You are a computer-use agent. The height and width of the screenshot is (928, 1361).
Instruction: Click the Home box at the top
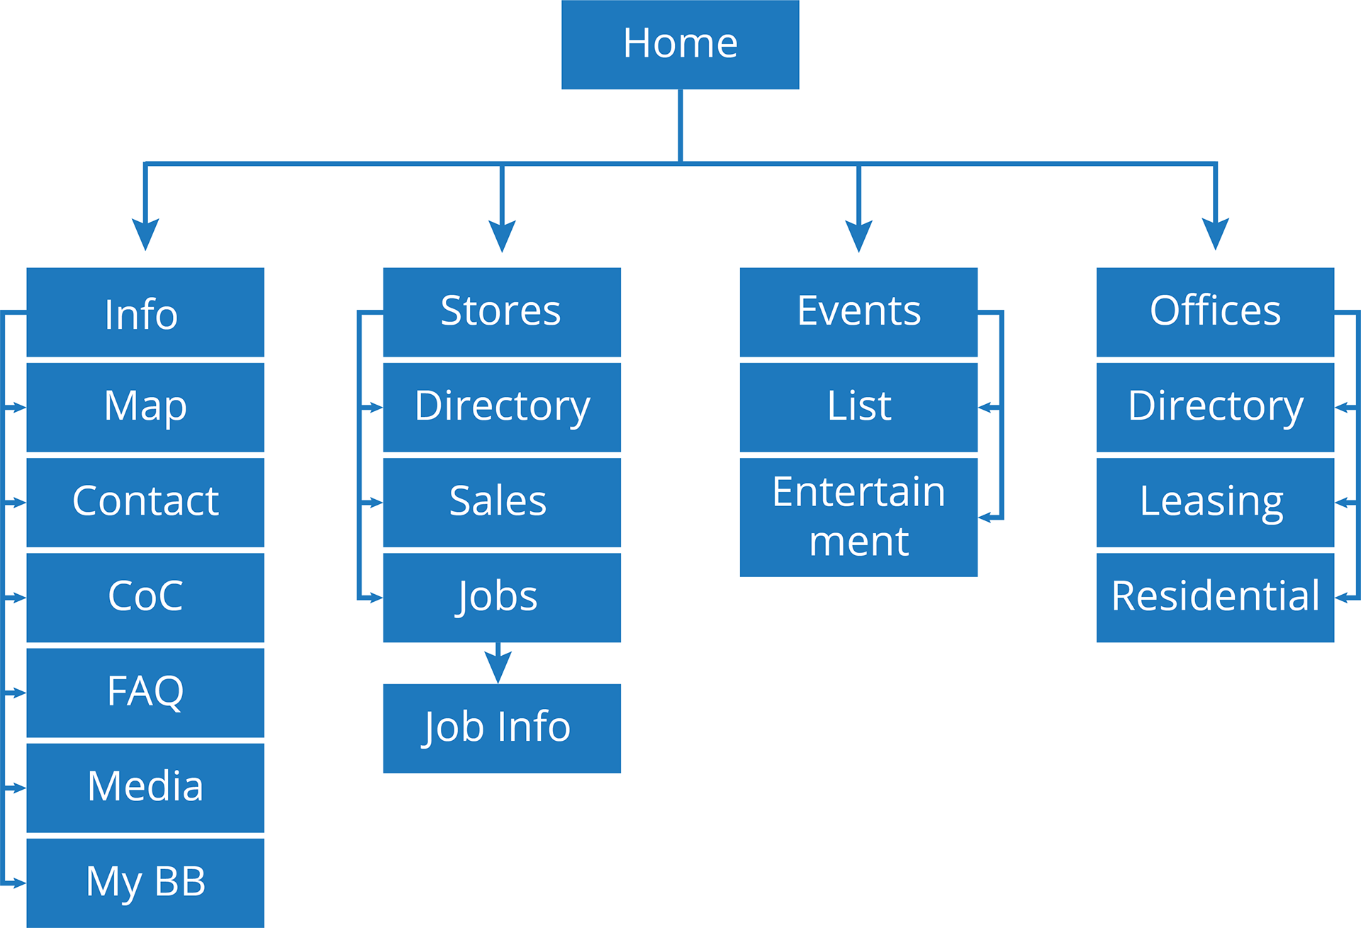[x=680, y=45]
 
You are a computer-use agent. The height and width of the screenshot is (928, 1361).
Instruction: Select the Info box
[x=145, y=312]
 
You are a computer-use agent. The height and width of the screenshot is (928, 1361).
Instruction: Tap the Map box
[x=145, y=407]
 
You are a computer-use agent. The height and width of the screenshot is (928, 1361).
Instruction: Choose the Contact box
[x=145, y=502]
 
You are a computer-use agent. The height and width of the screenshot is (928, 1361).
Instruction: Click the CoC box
[x=145, y=597]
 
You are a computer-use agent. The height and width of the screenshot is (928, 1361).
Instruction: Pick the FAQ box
[x=145, y=693]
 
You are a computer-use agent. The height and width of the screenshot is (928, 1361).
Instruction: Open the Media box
[x=145, y=788]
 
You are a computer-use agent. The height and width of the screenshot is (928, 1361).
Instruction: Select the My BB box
[x=145, y=883]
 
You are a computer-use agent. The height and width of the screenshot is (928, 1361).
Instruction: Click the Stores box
[x=502, y=312]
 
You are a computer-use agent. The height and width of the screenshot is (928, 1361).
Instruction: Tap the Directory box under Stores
[x=502, y=407]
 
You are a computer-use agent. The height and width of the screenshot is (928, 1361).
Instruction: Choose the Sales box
[x=502, y=502]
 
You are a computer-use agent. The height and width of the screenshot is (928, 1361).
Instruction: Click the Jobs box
[x=502, y=597]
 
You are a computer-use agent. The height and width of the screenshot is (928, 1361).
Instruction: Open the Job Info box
[x=502, y=728]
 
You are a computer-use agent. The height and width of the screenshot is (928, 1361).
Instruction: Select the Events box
[x=858, y=312]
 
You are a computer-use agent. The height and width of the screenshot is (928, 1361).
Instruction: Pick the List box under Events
[x=858, y=407]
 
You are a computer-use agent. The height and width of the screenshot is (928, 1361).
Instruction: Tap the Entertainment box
[x=858, y=517]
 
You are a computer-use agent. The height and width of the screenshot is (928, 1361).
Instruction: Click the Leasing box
[x=1215, y=502]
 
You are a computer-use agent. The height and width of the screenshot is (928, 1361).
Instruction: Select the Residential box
[x=1215, y=597]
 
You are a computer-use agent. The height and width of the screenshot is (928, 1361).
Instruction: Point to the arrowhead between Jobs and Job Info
[x=498, y=666]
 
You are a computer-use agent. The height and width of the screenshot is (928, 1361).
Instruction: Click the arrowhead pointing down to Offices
[x=1216, y=234]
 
